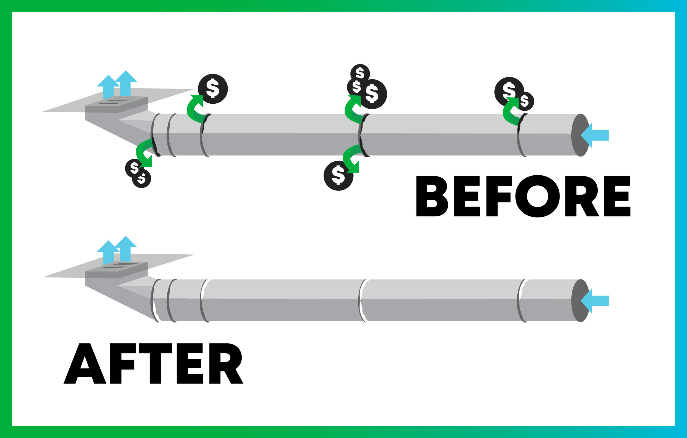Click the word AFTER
(153, 363)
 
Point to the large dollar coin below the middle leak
(338, 176)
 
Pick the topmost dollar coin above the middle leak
(360, 73)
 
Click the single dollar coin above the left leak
(213, 89)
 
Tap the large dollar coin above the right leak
(509, 91)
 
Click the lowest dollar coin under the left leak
(142, 179)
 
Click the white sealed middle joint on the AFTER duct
(362, 301)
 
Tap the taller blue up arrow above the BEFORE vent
(126, 83)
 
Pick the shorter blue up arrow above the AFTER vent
(108, 252)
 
